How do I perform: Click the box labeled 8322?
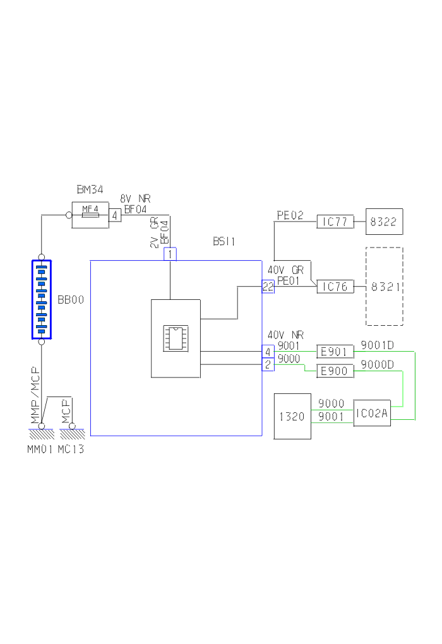click(x=384, y=222)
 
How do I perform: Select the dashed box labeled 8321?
click(x=384, y=287)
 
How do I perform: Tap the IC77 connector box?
click(x=335, y=222)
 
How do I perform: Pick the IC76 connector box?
click(x=335, y=287)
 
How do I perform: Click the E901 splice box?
click(x=335, y=352)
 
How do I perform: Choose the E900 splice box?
click(x=335, y=371)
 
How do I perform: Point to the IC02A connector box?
click(x=372, y=413)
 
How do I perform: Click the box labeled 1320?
click(x=292, y=416)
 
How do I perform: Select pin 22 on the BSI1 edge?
click(x=268, y=287)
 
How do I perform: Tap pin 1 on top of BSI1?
click(x=170, y=254)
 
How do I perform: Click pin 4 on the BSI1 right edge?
click(x=268, y=352)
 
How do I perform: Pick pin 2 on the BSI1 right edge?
click(x=268, y=365)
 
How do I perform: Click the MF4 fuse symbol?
click(x=90, y=215)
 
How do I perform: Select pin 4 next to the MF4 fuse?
click(x=116, y=215)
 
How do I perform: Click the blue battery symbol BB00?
click(x=42, y=299)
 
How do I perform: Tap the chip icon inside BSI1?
click(x=176, y=338)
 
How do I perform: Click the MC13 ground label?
click(x=71, y=450)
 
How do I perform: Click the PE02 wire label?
click(x=290, y=215)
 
